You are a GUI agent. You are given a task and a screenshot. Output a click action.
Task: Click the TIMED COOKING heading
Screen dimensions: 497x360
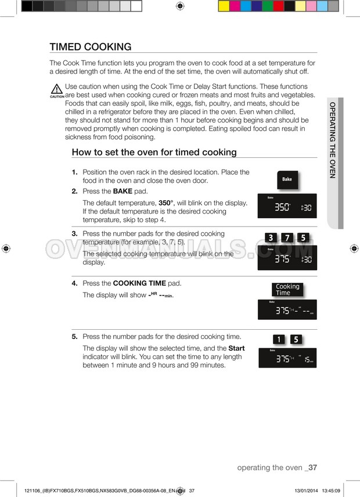(91, 47)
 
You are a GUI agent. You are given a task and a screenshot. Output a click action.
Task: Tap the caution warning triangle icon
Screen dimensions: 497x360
(56, 90)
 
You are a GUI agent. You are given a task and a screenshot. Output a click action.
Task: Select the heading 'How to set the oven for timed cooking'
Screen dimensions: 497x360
(154, 152)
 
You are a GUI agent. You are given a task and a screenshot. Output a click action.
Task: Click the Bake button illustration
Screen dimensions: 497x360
(287, 179)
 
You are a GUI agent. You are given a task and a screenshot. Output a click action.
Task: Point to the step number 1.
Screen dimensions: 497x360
(74, 172)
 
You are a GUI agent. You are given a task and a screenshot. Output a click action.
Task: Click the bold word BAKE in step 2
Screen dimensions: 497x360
(123, 191)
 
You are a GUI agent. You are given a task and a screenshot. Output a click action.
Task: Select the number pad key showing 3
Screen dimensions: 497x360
(271, 237)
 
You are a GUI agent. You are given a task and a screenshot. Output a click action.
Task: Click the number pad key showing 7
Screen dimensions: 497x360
(287, 237)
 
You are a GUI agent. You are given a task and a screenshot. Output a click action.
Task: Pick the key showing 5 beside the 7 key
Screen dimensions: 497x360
(303, 237)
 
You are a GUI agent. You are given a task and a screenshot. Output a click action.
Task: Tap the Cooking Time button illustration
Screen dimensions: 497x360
(287, 290)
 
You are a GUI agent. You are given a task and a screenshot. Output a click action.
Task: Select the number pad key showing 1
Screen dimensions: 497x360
(279, 340)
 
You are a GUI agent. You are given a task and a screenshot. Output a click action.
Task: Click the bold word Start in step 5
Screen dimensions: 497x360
(236, 348)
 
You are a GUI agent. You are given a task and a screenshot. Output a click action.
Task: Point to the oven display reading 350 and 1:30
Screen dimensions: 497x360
(287, 206)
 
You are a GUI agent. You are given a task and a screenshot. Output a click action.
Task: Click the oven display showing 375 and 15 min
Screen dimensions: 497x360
(287, 358)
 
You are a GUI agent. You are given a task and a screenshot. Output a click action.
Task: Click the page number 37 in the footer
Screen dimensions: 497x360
(312, 467)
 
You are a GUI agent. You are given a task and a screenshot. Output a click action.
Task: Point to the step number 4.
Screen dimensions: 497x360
(74, 283)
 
